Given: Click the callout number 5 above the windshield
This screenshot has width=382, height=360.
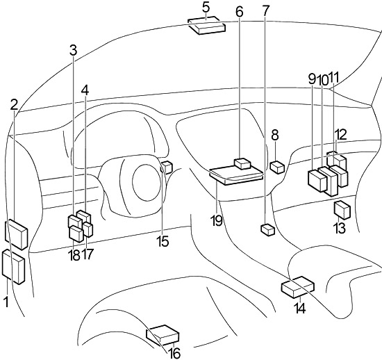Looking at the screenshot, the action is point(206,8).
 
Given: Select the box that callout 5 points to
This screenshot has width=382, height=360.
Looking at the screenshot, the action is point(206,25).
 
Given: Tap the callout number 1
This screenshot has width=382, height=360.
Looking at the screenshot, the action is point(6,302).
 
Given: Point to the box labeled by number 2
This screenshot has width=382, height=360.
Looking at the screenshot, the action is point(17,234).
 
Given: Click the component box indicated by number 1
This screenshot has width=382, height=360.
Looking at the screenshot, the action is point(13,267).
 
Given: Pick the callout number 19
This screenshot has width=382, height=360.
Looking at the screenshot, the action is point(217,220).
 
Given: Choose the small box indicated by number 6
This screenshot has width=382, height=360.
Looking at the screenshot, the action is point(242,163).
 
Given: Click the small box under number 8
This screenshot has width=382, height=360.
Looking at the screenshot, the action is point(277,167).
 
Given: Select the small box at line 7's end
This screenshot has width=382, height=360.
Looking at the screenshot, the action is point(268,229).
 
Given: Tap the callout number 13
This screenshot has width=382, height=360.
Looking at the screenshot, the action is point(340,228).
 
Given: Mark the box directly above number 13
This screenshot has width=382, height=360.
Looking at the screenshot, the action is point(342,210).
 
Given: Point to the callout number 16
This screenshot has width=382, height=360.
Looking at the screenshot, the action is point(174,353).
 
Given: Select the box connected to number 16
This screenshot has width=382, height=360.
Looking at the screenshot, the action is point(163,335).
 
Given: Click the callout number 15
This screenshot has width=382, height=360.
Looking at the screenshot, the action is point(163,241).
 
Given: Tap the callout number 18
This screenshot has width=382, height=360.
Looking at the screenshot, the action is point(74,255).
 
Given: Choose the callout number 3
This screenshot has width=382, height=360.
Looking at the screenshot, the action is point(73,50).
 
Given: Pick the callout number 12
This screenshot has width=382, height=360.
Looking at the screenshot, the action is point(341,135).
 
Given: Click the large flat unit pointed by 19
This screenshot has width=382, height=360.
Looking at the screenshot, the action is point(236,175).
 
